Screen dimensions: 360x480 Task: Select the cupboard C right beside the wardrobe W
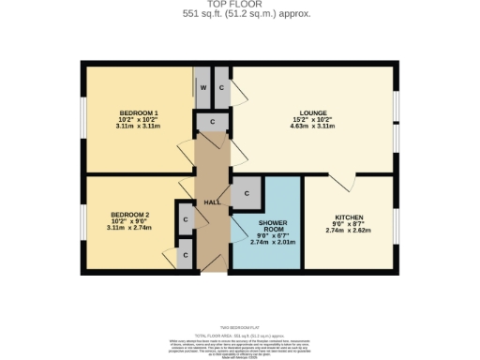[x=221, y=86]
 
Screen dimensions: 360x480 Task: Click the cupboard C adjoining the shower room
[x=246, y=193]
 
